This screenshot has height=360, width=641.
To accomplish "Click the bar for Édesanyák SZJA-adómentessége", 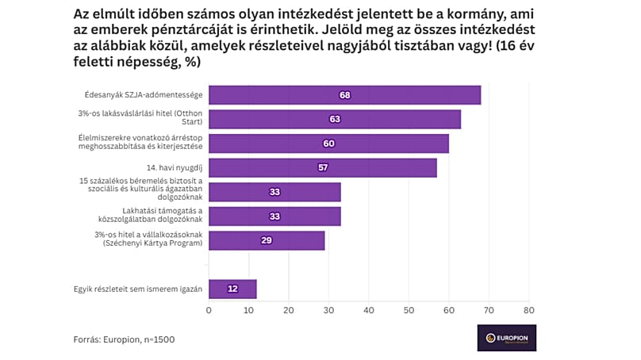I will click(x=344, y=95).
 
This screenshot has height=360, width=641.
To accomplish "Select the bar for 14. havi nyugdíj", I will click(x=322, y=168).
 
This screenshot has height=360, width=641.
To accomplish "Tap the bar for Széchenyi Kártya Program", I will click(x=267, y=240).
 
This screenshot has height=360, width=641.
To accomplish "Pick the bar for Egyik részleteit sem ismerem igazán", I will click(x=232, y=289).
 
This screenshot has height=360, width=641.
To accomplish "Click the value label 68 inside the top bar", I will click(x=344, y=95).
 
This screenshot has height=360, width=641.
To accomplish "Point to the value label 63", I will click(x=335, y=120).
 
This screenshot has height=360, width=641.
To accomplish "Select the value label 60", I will click(x=328, y=144).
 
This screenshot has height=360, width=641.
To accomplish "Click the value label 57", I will click(x=322, y=168).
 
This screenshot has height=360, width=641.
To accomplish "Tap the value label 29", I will click(x=267, y=240).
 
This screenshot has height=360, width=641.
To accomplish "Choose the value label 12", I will click(x=232, y=289).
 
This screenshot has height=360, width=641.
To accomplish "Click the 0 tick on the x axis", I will click(x=209, y=311).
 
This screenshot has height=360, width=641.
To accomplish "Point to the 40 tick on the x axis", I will click(x=369, y=311).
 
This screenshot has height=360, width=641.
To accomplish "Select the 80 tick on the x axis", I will click(x=529, y=311).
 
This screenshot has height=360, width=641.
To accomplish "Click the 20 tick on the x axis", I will click(x=289, y=311).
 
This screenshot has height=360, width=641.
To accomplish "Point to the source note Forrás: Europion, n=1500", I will click(x=124, y=339).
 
